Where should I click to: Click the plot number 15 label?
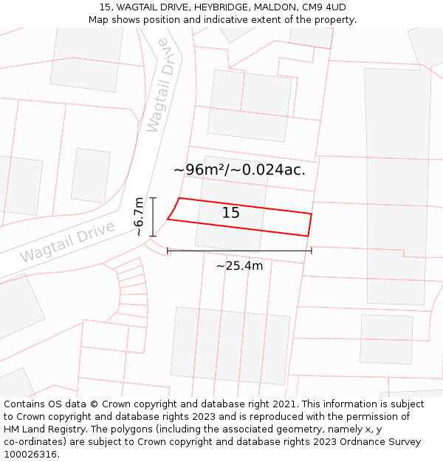[x=231, y=213]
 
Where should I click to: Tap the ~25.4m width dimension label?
[x=239, y=266]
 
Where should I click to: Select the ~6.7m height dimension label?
[x=138, y=217]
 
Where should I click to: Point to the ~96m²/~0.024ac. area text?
[x=239, y=170]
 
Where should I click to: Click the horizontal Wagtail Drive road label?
[x=67, y=242]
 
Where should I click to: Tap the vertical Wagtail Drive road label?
[x=162, y=85]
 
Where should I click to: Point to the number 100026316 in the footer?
[x=30, y=455]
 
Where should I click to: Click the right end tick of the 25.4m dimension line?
[x=312, y=251]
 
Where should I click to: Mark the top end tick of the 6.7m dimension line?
[x=153, y=198]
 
